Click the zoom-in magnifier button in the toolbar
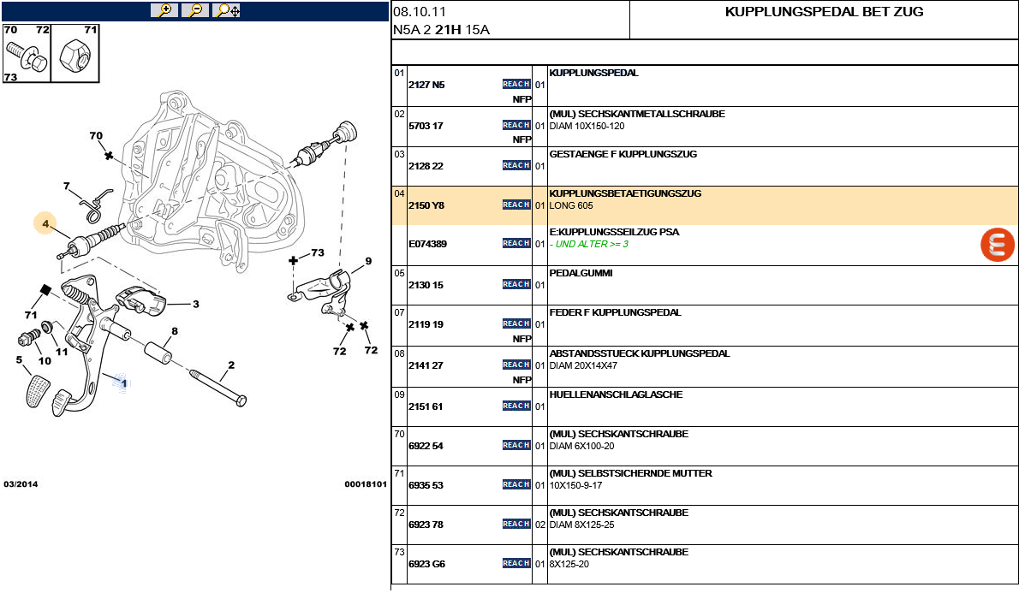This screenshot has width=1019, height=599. point(164,10)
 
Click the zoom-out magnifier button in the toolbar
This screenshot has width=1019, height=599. point(195,10)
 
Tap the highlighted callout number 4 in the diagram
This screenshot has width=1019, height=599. point(45,223)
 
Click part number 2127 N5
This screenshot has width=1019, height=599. point(426,85)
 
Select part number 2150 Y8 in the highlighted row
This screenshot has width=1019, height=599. point(426,205)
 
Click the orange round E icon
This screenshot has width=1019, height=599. point(997,245)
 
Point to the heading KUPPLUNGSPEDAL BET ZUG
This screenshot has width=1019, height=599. point(824,12)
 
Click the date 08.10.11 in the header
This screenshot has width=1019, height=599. point(420,12)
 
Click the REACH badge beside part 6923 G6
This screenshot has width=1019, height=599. point(516,563)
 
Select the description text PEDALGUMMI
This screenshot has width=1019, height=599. point(581,273)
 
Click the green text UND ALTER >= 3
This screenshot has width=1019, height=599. point(591,244)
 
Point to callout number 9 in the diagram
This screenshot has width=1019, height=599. point(368,261)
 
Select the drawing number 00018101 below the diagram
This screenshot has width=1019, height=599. point(366,484)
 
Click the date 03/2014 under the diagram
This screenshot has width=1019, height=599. point(21,484)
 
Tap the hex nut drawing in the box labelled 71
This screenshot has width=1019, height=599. point(74,58)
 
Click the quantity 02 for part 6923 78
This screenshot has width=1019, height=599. point(540,525)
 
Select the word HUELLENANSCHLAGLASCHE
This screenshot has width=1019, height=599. point(615,394)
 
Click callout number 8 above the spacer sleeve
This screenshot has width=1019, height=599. point(175,331)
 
